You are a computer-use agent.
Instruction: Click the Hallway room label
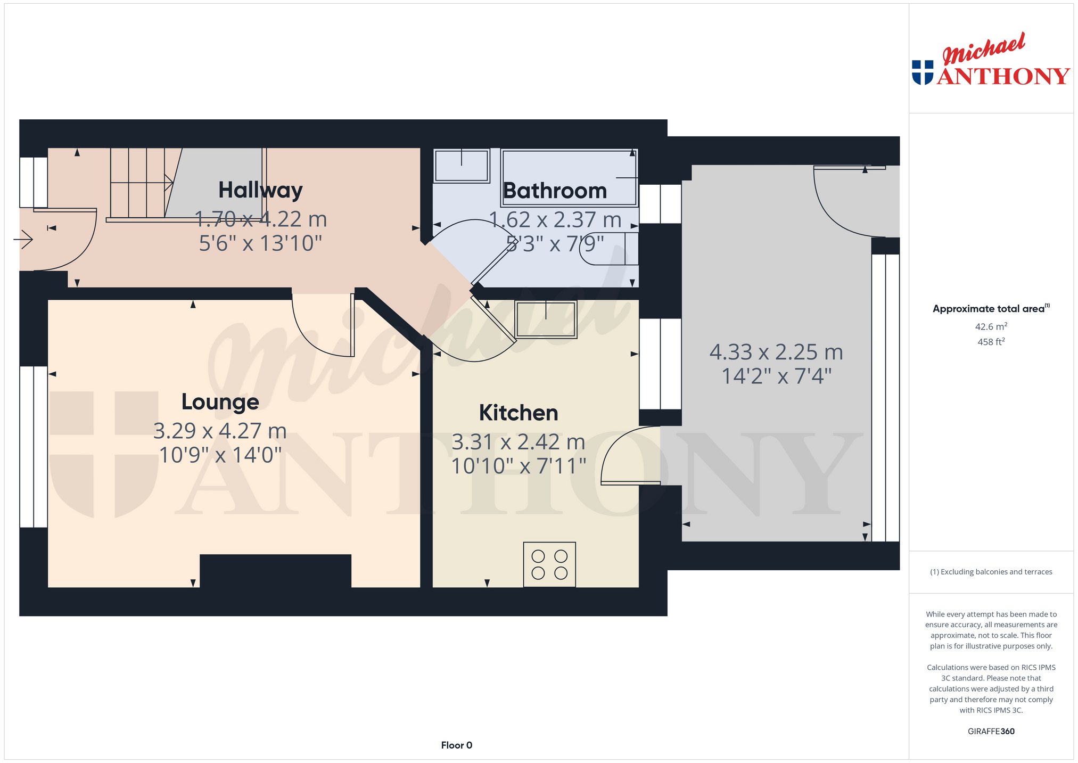[260, 191]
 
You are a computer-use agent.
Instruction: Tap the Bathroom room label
[555, 191]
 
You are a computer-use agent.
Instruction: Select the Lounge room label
[220, 401]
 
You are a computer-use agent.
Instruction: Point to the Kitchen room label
[519, 413]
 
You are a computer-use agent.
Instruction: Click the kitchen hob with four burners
[549, 564]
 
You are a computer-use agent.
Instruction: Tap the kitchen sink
[546, 319]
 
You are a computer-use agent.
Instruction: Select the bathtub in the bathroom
[569, 178]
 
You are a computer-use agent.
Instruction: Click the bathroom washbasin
[462, 166]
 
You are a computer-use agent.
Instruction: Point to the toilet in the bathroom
[608, 248]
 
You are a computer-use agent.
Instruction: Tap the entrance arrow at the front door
[23, 240]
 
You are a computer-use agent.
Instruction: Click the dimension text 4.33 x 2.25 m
[776, 352]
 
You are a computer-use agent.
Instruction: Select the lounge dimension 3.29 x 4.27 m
[220, 431]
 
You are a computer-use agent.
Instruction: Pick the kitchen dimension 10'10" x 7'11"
[519, 466]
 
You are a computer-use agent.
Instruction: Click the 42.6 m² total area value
[991, 327]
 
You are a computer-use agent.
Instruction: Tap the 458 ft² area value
[991, 342]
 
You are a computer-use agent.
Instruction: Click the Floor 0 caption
[457, 745]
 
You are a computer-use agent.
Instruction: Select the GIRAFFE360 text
[991, 731]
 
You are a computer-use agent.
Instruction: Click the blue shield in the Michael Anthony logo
[923, 72]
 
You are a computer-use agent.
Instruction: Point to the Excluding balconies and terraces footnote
[991, 572]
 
